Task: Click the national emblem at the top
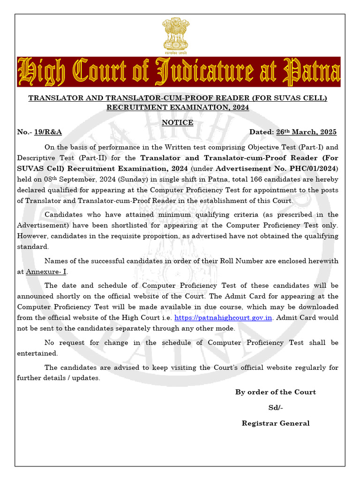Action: (176, 35)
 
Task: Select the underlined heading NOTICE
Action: (177, 122)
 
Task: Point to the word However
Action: (32, 236)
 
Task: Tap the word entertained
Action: (37, 353)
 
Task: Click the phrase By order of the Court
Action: (275, 392)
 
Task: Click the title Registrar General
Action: (275, 423)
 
